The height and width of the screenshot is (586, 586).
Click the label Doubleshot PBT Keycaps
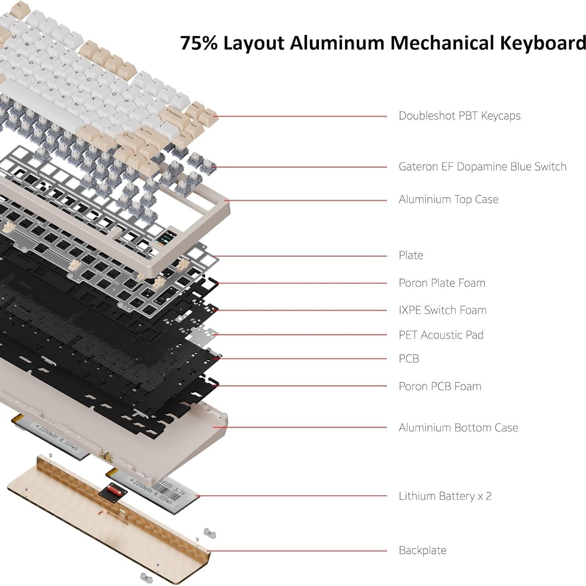[459, 116]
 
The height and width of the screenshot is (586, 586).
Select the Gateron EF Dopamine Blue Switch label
[482, 167]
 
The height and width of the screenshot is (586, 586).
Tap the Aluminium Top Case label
[448, 200]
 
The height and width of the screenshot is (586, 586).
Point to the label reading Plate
[410, 255]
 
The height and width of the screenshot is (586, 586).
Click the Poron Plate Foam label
[442, 283]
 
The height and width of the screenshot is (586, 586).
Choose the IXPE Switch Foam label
[442, 310]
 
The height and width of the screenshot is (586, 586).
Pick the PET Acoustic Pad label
[440, 335]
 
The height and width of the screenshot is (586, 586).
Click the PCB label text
[408, 359]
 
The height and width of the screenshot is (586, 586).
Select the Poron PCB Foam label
[440, 386]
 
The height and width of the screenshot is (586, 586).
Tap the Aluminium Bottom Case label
[458, 428]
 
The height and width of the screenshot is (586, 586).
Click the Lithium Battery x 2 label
[445, 496]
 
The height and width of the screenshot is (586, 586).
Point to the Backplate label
[422, 550]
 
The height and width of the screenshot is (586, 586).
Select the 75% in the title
[198, 43]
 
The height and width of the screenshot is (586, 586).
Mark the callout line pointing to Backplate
[297, 551]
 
